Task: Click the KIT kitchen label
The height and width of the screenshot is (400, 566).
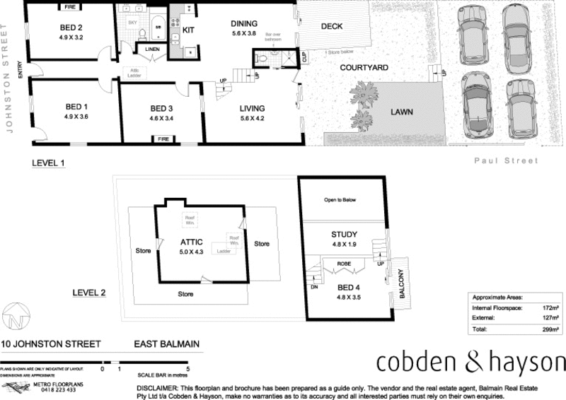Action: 189,30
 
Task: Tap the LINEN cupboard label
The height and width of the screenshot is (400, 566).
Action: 152,49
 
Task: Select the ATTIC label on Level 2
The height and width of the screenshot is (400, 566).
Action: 191,242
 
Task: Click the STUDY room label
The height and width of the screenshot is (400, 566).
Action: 344,235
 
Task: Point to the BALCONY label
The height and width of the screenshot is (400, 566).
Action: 400,286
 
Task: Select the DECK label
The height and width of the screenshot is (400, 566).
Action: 332,27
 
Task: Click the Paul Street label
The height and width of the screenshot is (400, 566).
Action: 506,161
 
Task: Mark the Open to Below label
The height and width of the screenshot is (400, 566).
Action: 340,200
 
